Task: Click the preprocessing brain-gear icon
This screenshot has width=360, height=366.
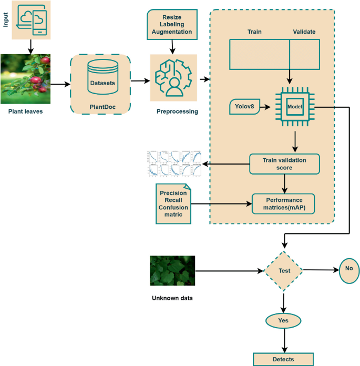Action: [173, 78]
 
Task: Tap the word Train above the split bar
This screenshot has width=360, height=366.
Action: [254, 32]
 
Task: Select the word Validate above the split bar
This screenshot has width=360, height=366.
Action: [304, 32]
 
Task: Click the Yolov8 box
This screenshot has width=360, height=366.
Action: [246, 107]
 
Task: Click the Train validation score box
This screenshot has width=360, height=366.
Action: [284, 164]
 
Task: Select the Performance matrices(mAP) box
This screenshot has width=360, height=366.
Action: [283, 204]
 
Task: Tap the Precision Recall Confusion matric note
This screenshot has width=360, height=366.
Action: [173, 204]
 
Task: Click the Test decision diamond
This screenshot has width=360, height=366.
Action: [284, 271]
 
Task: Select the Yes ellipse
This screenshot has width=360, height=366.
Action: [284, 320]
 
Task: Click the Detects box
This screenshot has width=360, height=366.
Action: [284, 359]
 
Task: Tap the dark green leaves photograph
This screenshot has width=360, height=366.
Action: [172, 271]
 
